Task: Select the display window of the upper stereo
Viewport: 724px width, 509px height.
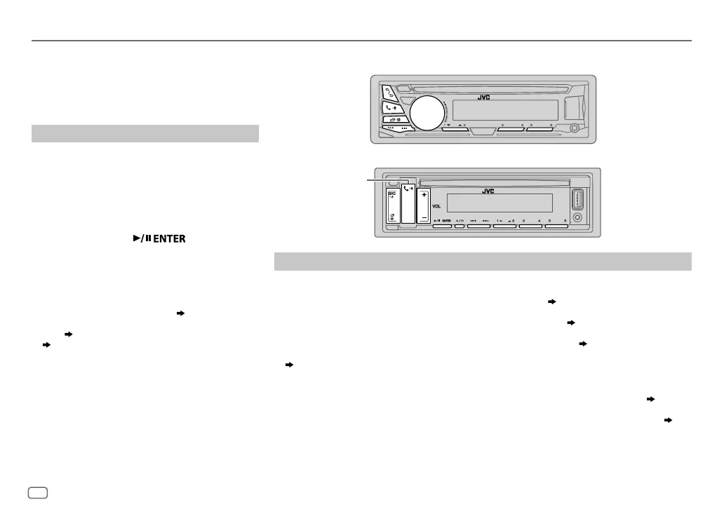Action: point(505,111)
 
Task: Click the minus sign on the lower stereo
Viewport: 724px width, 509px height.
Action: point(423,217)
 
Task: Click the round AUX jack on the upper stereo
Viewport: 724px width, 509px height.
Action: point(575,129)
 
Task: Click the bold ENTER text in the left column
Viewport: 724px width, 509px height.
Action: point(166,239)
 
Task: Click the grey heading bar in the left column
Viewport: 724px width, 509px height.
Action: point(145,133)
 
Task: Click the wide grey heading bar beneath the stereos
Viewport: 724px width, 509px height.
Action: point(483,261)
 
